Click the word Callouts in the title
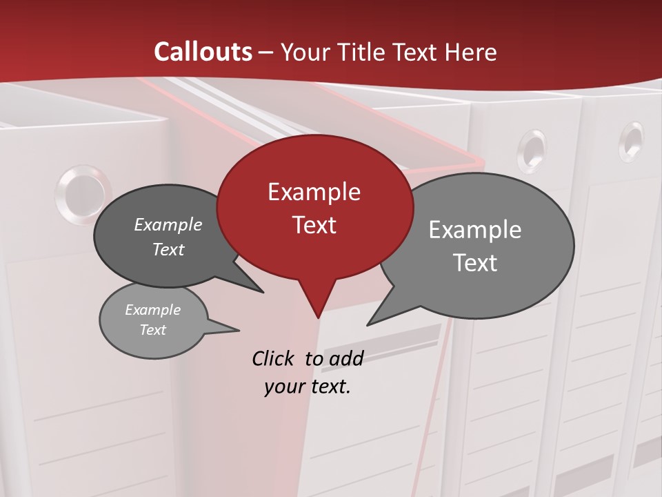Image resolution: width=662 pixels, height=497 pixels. [x=203, y=52]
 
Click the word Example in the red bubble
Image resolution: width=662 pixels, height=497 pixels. [x=314, y=192]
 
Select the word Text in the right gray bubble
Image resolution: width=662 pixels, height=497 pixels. [x=475, y=263]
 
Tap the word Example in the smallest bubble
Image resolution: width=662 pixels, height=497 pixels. [x=152, y=310]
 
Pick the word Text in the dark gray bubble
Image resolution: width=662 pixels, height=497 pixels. [x=168, y=249]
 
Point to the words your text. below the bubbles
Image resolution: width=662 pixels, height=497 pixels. [x=308, y=387]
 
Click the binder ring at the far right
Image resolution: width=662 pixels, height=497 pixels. [x=631, y=142]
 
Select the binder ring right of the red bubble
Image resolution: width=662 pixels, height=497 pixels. [x=532, y=150]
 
